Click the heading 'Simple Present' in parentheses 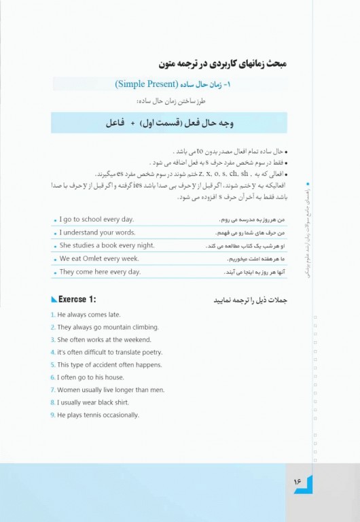[156, 84]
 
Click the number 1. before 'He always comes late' [53, 315]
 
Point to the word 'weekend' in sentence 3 [135, 340]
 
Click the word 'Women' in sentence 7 [69, 390]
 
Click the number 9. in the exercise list [53, 415]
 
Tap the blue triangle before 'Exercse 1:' [54, 300]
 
